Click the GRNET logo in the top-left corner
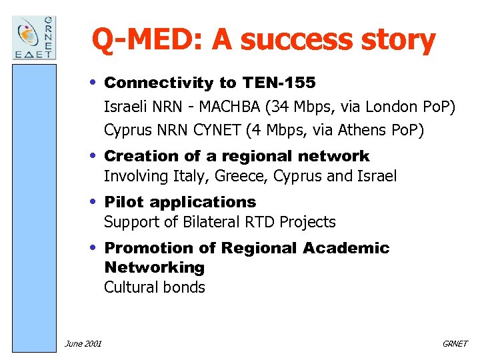pos(35,37)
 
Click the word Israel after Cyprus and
pos(375,177)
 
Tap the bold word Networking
pos(154,268)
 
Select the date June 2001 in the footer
pos(83,343)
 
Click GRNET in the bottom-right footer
pos(455,343)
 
